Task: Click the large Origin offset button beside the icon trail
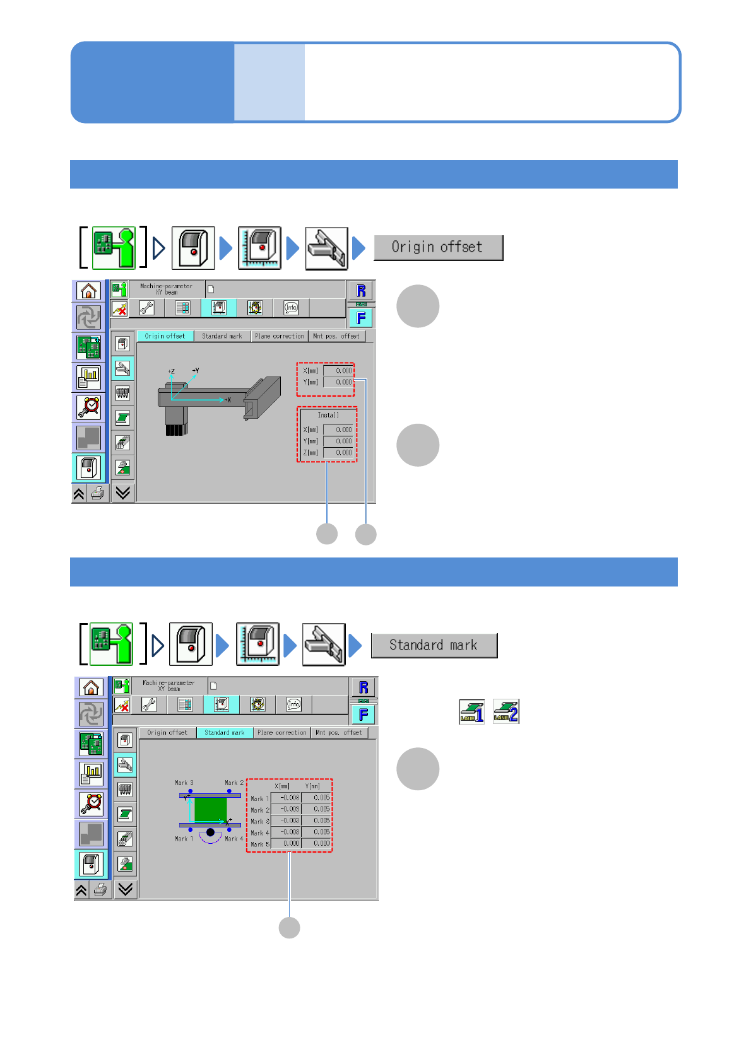click(x=438, y=247)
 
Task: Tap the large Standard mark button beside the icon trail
click(x=434, y=645)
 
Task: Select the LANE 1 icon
click(x=471, y=712)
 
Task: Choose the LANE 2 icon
click(x=506, y=712)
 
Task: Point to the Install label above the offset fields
click(x=328, y=415)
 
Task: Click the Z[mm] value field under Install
click(x=339, y=453)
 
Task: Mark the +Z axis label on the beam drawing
click(x=171, y=372)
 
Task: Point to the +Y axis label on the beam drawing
click(x=196, y=371)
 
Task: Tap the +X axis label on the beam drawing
click(x=227, y=400)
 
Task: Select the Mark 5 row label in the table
click(x=259, y=844)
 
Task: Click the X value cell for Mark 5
click(x=286, y=843)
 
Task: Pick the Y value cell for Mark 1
click(x=316, y=798)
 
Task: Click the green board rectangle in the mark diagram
click(x=210, y=809)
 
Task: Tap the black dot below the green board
click(x=210, y=832)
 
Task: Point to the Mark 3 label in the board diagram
click(x=184, y=783)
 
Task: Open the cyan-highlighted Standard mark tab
click(x=225, y=733)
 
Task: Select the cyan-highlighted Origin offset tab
click(x=165, y=336)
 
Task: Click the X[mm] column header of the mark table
click(x=282, y=786)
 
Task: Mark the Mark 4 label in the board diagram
click(x=234, y=839)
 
